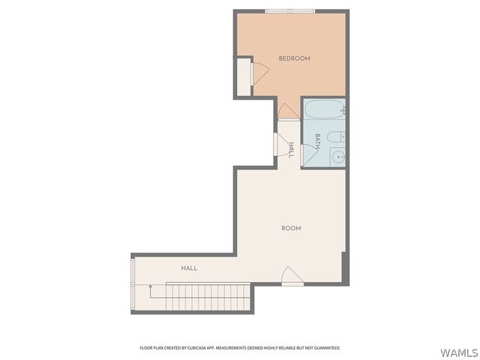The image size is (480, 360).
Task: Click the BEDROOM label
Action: pos(294,58)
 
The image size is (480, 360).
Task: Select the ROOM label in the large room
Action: pos(291,228)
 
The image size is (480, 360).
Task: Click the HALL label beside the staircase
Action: pos(189,268)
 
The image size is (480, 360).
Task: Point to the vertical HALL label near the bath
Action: pos(292,148)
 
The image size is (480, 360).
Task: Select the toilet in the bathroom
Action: pos(337,136)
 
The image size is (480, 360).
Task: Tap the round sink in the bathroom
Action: pos(338,157)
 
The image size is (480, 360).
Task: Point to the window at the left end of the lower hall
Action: pos(133,283)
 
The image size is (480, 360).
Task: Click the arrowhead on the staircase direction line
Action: pos(150,286)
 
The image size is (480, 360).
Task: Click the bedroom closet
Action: pos(243,76)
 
